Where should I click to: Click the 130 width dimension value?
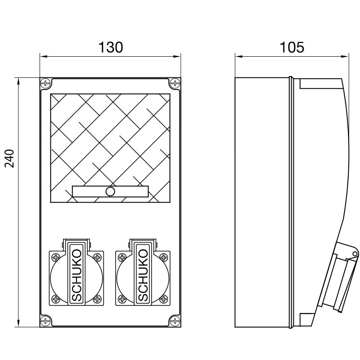point(110,47)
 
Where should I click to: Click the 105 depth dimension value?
point(292,47)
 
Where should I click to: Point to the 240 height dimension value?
point(10,158)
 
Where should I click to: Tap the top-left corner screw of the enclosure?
point(45,83)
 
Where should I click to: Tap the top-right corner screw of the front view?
point(175,83)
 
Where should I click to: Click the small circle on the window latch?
point(110,192)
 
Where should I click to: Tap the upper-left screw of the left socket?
point(55,258)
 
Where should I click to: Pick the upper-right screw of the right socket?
point(163,258)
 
